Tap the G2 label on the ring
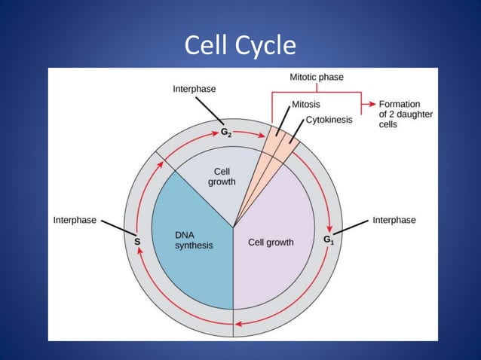click(x=226, y=133)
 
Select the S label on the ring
click(x=136, y=242)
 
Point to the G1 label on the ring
click(x=329, y=239)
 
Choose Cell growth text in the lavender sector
click(x=271, y=243)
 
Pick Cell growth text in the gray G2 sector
click(x=222, y=176)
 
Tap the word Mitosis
click(x=309, y=104)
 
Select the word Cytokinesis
click(x=329, y=120)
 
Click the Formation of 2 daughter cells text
click(x=400, y=114)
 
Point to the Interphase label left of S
click(x=75, y=220)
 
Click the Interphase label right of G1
click(x=394, y=220)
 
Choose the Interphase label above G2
click(x=194, y=89)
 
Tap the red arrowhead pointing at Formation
click(x=370, y=104)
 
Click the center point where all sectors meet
click(x=233, y=227)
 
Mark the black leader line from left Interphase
click(x=117, y=228)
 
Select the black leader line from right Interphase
click(x=352, y=227)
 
